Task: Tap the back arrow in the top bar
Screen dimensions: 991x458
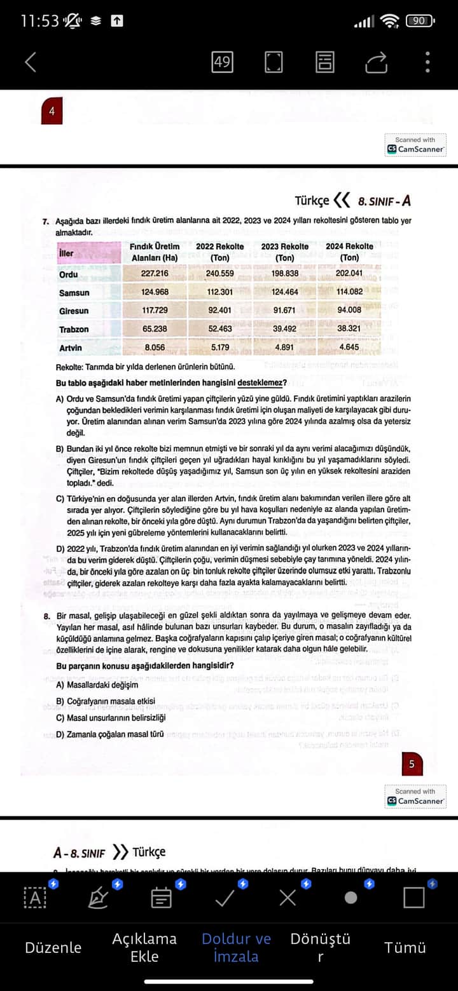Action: (x=30, y=62)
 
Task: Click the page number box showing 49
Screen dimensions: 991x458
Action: (x=222, y=62)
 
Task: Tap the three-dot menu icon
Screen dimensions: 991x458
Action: (x=427, y=62)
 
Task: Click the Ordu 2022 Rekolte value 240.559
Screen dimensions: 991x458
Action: (x=219, y=274)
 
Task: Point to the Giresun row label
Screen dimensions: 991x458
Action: (x=74, y=311)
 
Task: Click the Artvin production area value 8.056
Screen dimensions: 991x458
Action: (x=155, y=347)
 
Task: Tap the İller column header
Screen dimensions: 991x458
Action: (x=66, y=253)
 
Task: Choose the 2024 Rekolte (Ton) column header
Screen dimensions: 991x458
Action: (x=349, y=252)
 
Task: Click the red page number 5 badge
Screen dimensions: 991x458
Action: (x=412, y=764)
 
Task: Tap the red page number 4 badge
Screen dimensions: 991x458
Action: (x=52, y=112)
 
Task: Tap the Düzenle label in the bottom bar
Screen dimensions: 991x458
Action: (x=53, y=947)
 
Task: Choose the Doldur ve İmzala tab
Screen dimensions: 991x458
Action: (x=236, y=947)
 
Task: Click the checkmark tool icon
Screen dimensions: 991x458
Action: (x=225, y=898)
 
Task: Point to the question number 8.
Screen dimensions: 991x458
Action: (x=47, y=616)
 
